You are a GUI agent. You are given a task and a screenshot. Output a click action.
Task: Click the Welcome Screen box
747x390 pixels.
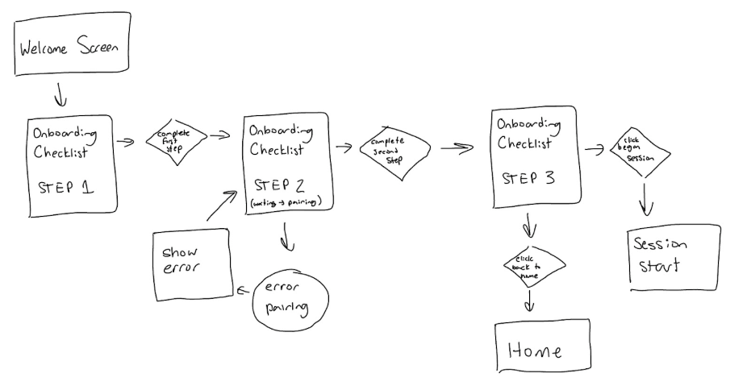(70, 49)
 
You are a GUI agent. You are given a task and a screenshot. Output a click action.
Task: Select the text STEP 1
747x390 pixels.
(65, 188)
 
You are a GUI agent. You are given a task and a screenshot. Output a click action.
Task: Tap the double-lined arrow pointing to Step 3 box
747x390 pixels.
(456, 148)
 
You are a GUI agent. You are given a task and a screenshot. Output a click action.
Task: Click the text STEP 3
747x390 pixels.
(528, 178)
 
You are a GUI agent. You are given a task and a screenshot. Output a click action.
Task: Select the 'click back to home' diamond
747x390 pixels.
(532, 266)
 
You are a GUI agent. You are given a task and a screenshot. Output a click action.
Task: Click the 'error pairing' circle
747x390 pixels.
(291, 299)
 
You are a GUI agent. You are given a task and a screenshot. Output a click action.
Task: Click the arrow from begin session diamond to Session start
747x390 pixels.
(645, 197)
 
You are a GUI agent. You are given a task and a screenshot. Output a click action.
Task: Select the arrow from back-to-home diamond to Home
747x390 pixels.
(529, 301)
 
